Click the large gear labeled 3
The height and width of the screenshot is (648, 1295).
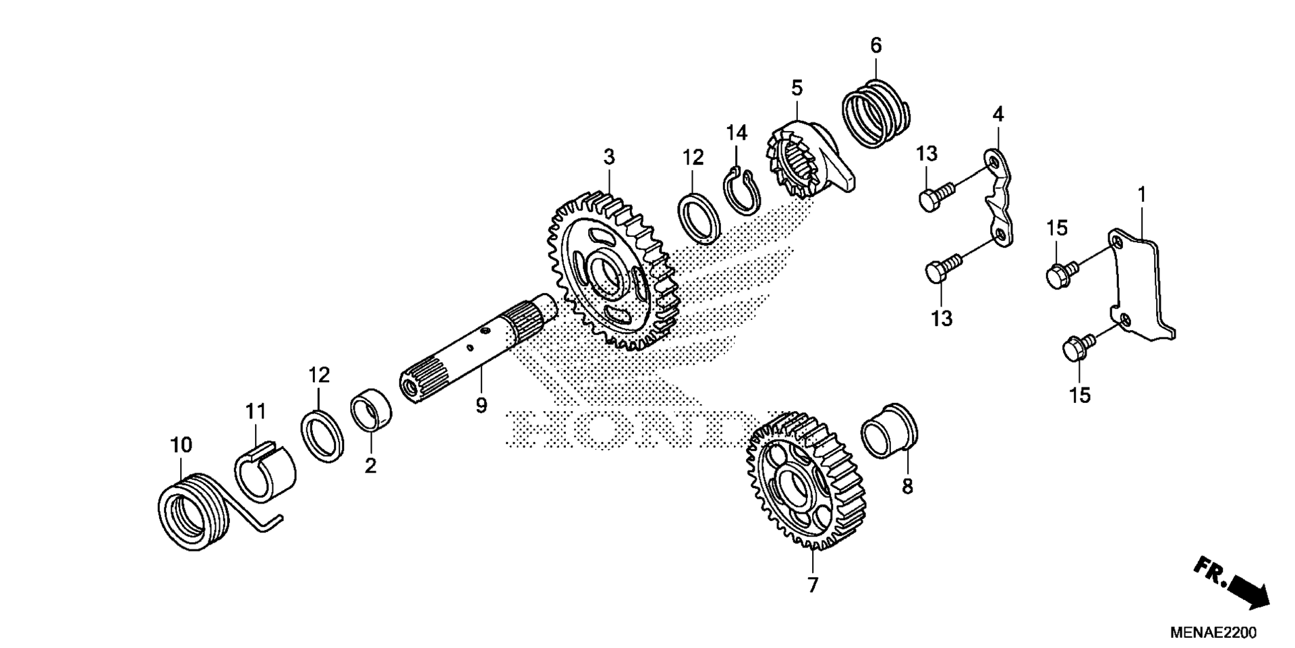pyautogui.click(x=612, y=270)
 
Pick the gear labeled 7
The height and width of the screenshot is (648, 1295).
pyautogui.click(x=807, y=482)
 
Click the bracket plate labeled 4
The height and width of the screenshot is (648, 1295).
pyautogui.click(x=1002, y=200)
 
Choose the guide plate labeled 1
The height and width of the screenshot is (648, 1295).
pyautogui.click(x=1140, y=283)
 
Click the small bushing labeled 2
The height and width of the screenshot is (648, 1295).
pyautogui.click(x=372, y=410)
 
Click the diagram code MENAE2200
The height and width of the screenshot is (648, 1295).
pyautogui.click(x=1213, y=633)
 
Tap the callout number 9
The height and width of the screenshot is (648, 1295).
pyautogui.click(x=481, y=406)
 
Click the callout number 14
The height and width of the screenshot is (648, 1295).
pyautogui.click(x=737, y=133)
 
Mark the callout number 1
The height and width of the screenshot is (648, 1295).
pyautogui.click(x=1141, y=195)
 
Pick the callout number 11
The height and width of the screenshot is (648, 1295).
pyautogui.click(x=256, y=411)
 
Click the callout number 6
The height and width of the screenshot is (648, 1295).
pyautogui.click(x=875, y=46)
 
